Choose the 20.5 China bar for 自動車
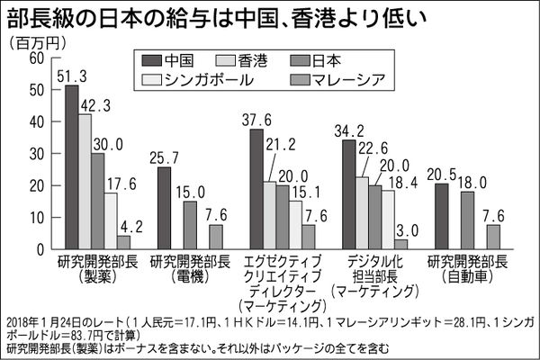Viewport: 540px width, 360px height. (441, 214)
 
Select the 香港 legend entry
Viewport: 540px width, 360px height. (256, 61)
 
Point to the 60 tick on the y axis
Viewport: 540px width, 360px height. (36, 58)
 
